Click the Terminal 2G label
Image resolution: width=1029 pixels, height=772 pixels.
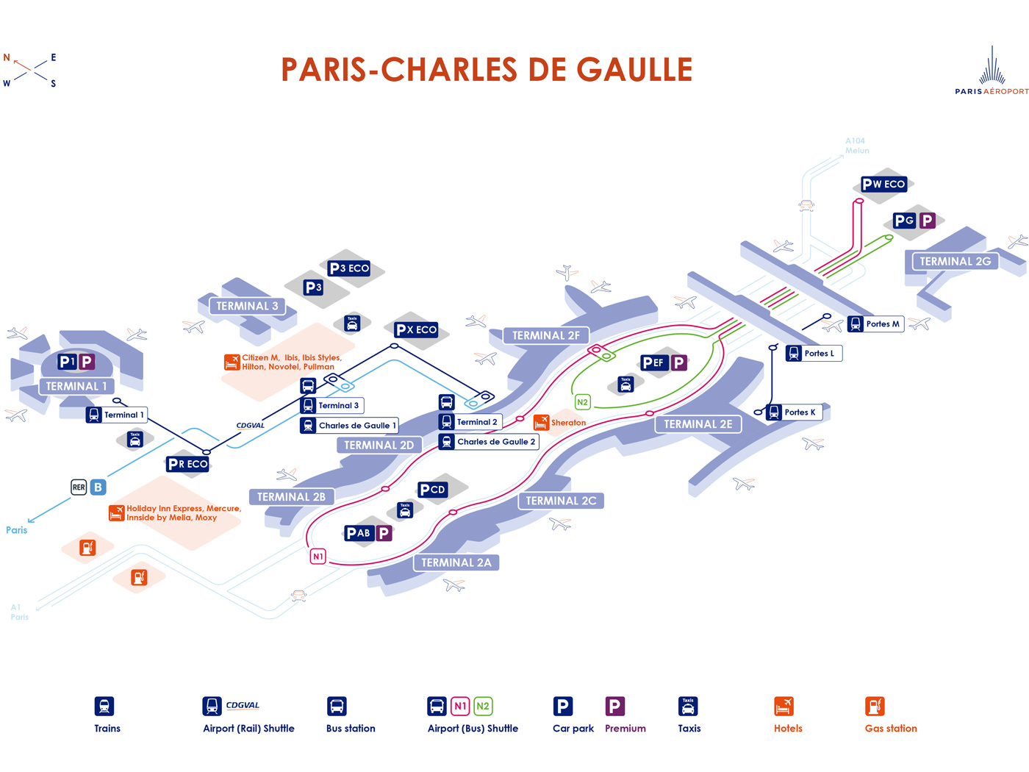[x=955, y=261]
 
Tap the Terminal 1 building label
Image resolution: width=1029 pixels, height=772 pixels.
[x=76, y=386]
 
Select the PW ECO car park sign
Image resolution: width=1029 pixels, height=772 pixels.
[x=883, y=184]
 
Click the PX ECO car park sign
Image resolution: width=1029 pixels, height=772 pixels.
[x=416, y=329]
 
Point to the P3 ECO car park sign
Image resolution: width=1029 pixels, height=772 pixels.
[x=349, y=268]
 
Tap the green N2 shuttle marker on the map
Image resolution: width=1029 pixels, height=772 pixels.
[x=582, y=402]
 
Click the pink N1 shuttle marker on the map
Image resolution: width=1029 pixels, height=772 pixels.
[x=318, y=557]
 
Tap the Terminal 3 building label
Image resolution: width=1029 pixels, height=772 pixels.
[x=247, y=306]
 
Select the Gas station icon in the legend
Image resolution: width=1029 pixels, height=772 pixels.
[x=875, y=707]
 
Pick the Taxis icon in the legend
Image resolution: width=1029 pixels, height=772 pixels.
[x=688, y=707]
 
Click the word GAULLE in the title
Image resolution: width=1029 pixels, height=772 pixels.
[x=634, y=70]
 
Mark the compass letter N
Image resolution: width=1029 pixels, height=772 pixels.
[x=7, y=57]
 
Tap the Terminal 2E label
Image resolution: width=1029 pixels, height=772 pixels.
[x=698, y=424]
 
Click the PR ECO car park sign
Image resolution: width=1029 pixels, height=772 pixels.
[x=187, y=464]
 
